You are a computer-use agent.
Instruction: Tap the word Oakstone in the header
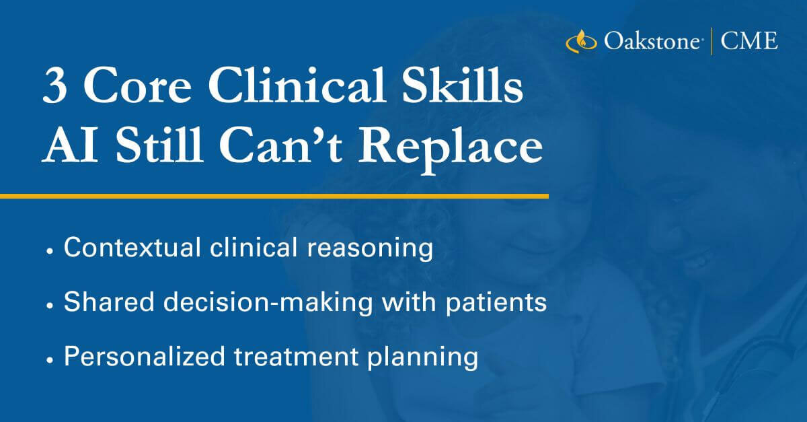point(652,41)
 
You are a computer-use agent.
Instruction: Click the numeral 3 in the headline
point(54,87)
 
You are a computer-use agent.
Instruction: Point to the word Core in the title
point(137,87)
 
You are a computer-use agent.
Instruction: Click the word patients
point(496,303)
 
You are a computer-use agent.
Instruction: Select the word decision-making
point(268,303)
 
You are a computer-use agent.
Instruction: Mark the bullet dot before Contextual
point(50,252)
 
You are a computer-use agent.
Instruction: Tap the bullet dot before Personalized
point(50,360)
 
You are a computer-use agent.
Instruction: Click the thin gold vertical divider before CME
point(712,41)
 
